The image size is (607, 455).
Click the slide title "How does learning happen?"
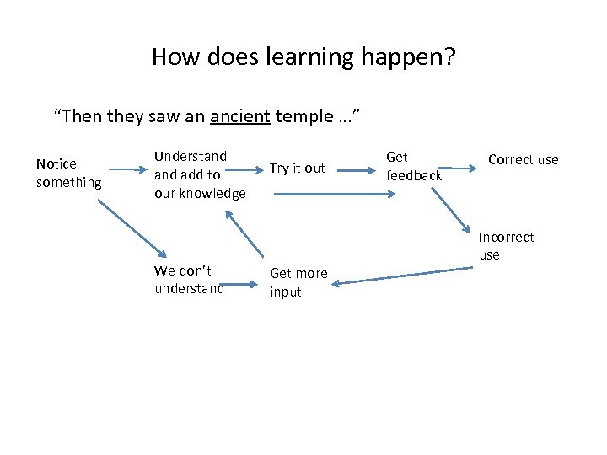click(x=303, y=57)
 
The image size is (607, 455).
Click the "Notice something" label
click(x=68, y=173)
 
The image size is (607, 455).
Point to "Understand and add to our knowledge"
click(x=200, y=174)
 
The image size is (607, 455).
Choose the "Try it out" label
click(x=297, y=169)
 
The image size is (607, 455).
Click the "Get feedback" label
click(x=413, y=166)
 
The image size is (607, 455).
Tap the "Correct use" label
click(x=523, y=160)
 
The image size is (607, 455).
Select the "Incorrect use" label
click(x=506, y=246)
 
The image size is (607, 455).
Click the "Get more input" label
click(x=298, y=282)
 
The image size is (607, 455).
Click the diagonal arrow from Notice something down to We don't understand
click(x=129, y=226)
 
